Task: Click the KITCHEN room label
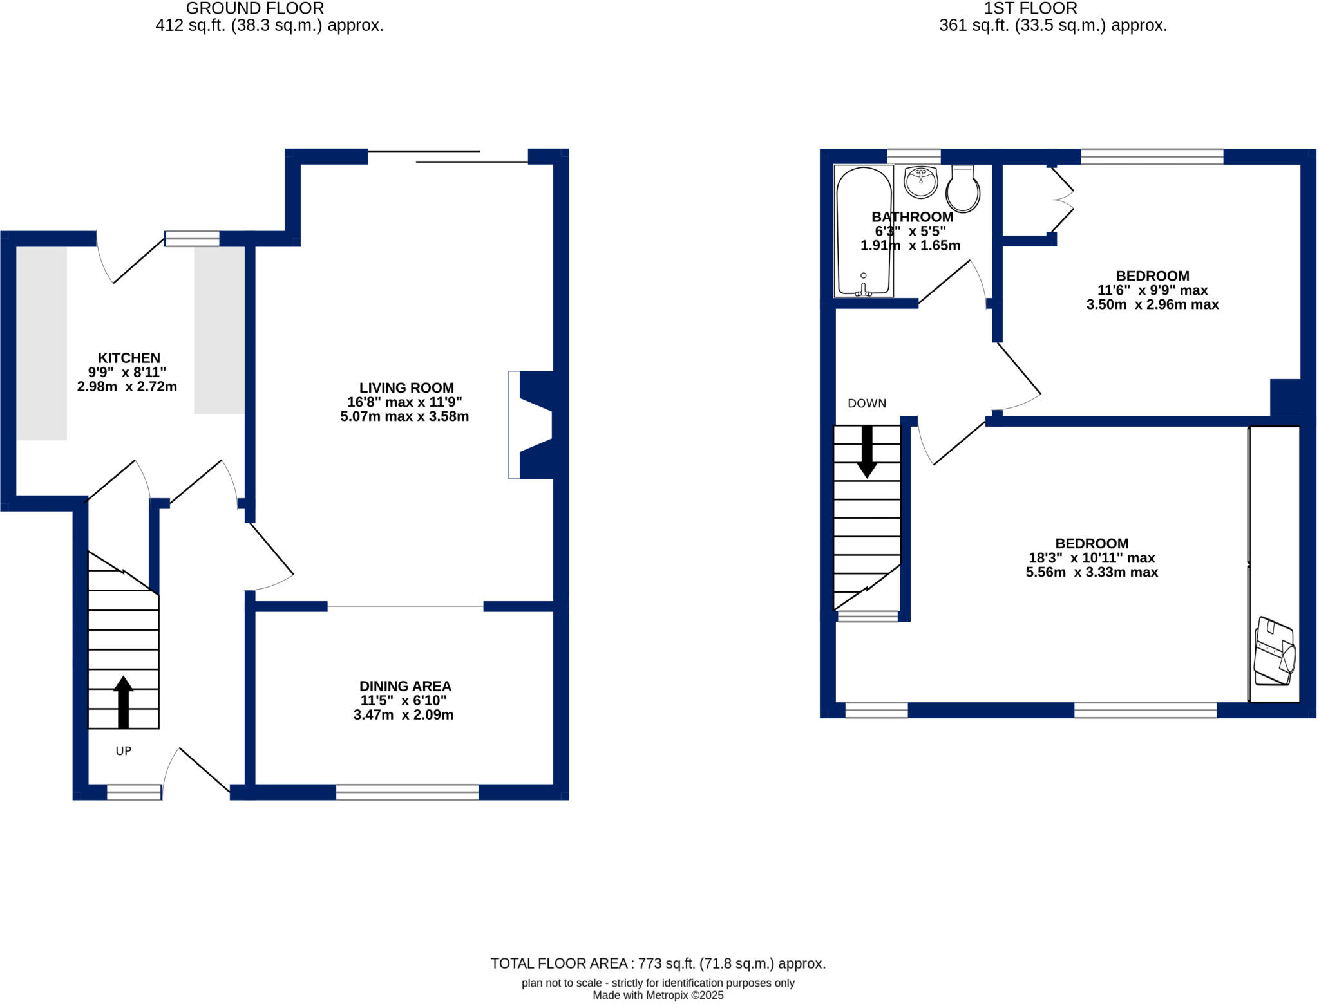coord(129,358)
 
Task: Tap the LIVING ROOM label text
coord(406,387)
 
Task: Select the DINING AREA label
coord(404,686)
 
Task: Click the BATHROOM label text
coord(912,217)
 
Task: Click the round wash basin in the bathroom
coord(921,182)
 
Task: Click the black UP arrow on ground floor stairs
coord(123,702)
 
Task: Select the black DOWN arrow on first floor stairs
coord(867,451)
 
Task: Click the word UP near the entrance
coord(123,751)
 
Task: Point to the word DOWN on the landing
coord(867,404)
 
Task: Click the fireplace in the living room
coord(535,425)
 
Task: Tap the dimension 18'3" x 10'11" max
coord(1092,558)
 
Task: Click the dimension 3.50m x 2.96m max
coord(1152,304)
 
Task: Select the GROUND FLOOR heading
coord(255,8)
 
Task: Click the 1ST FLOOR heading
coord(1030,8)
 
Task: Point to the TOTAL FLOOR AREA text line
coord(658,963)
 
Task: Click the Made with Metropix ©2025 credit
coord(658,996)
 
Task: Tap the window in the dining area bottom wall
coord(407,792)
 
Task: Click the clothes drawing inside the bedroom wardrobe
coord(1274,651)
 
